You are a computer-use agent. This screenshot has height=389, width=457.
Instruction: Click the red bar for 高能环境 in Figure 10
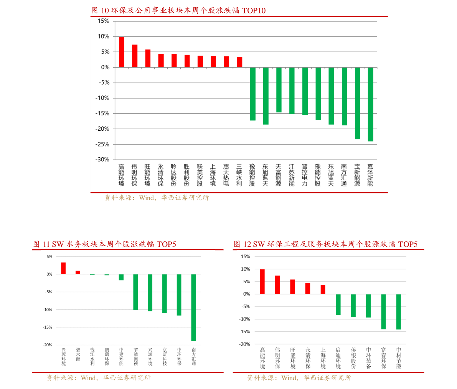[x=121, y=52]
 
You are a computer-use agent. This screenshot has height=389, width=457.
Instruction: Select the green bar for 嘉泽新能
[x=370, y=104]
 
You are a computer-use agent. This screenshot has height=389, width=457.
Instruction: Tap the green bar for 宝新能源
[x=357, y=103]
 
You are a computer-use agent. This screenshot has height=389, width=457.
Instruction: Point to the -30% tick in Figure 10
[x=102, y=160]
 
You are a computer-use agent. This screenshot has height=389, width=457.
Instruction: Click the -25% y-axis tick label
[x=102, y=144]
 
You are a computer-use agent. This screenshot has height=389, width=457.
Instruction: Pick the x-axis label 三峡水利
[x=239, y=175]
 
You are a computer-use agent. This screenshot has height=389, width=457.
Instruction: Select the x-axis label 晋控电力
[x=305, y=175]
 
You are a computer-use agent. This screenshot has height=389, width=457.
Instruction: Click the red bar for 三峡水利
[x=239, y=62]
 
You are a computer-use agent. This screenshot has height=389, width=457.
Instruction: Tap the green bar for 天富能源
[x=279, y=90]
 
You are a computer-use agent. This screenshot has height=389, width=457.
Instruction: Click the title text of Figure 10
[x=178, y=11]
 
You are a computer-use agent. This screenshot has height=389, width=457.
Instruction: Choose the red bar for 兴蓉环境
[x=63, y=268]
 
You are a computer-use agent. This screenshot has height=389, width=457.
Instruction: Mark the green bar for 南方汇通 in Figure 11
[x=193, y=308]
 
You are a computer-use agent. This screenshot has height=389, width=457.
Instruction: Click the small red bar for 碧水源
[x=78, y=273]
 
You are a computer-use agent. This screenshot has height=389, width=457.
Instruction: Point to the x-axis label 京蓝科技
[x=165, y=357]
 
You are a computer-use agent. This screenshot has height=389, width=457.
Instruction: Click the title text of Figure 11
[x=104, y=244]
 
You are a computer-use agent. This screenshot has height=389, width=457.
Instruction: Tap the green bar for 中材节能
[x=398, y=312]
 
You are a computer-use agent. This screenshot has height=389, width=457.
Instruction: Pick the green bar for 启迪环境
[x=338, y=304]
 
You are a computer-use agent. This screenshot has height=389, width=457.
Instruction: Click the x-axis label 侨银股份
[x=353, y=358]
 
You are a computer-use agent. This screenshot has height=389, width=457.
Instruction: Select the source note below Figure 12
[x=299, y=378]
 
